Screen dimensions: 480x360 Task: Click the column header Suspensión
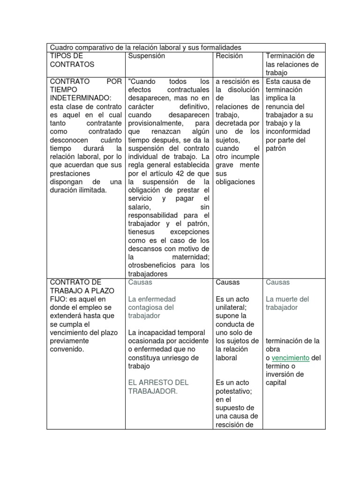pos(147,56)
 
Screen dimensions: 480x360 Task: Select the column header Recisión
pos(229,56)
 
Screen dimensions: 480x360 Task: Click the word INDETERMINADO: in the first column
pos(80,98)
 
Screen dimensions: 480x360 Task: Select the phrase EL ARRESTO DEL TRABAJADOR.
pos(158,387)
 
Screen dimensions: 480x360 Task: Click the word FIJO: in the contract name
pos(59,299)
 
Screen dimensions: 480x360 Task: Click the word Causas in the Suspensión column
pos(140,282)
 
